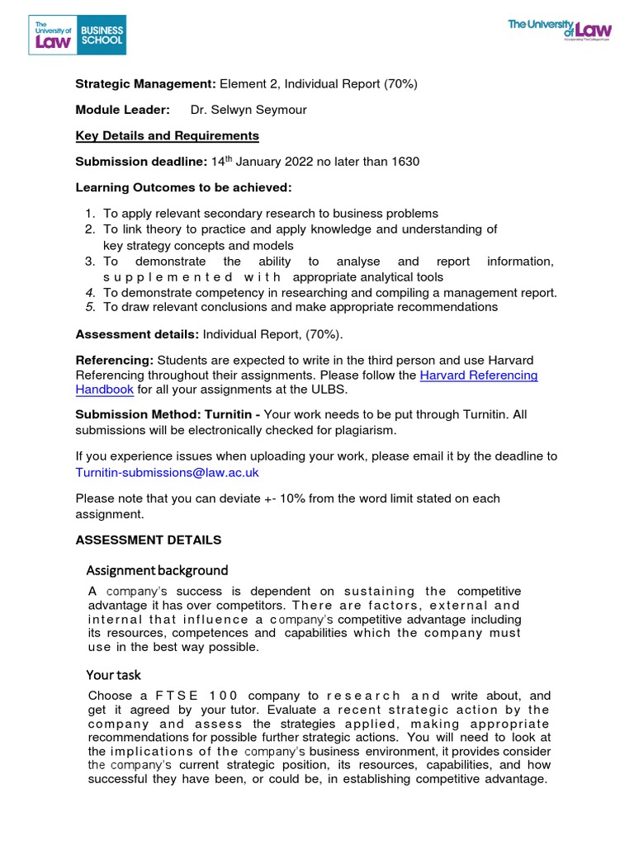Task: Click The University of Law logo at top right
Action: click(561, 29)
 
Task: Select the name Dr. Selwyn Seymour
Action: click(248, 110)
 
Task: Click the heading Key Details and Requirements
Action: click(167, 135)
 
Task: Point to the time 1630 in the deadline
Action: click(405, 162)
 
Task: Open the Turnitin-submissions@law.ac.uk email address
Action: click(167, 472)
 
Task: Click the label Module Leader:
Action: click(122, 110)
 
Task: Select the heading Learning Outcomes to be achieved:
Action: click(183, 187)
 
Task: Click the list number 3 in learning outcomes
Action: click(90, 262)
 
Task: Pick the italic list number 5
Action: click(90, 307)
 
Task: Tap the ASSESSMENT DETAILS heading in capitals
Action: click(149, 540)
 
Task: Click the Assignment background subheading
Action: click(158, 570)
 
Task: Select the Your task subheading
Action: click(114, 675)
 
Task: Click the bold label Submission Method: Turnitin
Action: click(166, 414)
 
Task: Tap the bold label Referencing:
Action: click(115, 361)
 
